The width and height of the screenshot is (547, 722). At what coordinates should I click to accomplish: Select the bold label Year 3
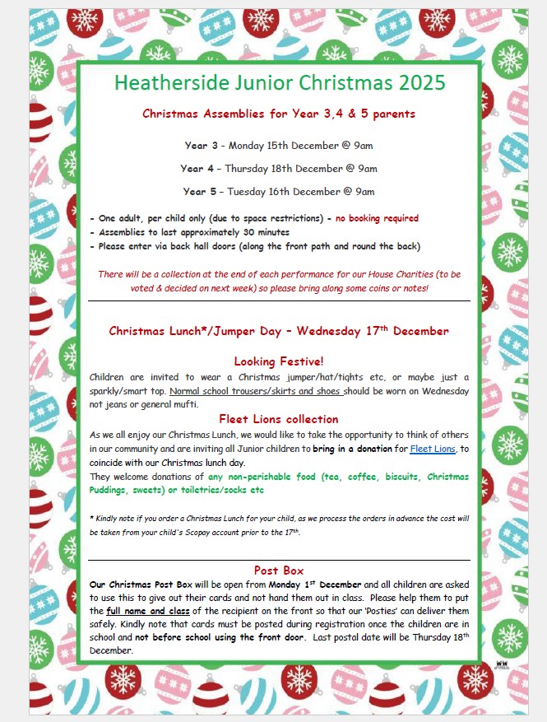click(x=202, y=146)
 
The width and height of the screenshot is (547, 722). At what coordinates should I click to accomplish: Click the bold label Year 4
click(x=202, y=169)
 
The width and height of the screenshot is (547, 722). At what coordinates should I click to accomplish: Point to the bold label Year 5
click(x=202, y=192)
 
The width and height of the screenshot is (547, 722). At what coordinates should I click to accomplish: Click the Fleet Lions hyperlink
click(x=433, y=450)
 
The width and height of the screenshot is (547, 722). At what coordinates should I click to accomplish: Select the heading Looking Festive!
click(x=278, y=361)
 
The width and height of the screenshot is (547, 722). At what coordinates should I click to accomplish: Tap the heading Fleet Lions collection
click(x=278, y=419)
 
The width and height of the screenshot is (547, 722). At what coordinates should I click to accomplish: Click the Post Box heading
click(x=279, y=570)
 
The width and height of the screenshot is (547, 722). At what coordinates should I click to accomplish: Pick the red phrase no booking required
click(x=377, y=218)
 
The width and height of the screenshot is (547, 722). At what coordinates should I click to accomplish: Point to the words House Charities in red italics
click(x=396, y=274)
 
